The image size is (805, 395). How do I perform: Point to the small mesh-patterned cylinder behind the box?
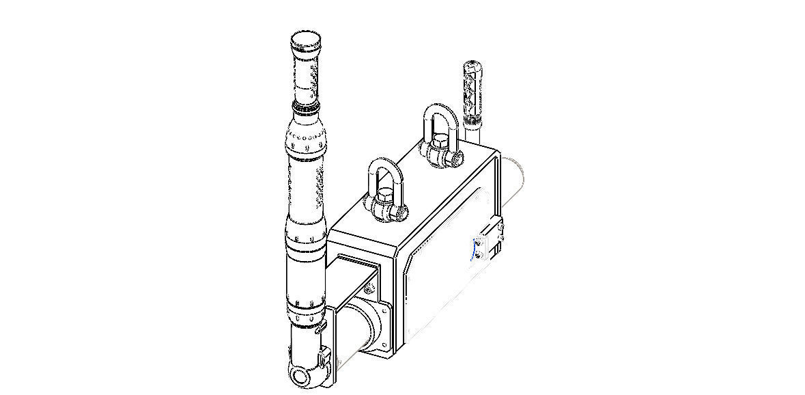point(472,89)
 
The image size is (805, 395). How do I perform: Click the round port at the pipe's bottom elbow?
point(298,376)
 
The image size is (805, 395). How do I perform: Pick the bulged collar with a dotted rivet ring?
point(308,141)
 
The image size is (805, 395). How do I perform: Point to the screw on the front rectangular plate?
point(369,290)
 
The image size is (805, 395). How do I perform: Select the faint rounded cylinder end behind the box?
point(516,181)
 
